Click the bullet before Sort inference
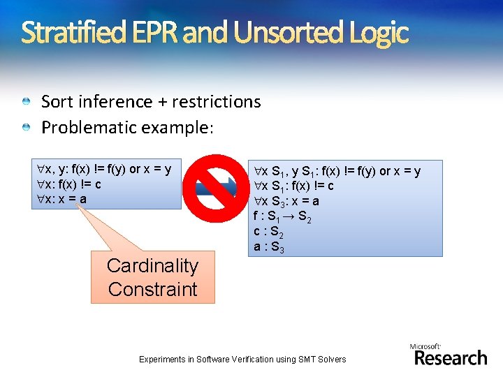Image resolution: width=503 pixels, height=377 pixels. [x=26, y=102]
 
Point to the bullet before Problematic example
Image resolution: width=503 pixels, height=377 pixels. [x=26, y=128]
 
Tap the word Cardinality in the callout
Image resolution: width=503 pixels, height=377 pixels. [x=152, y=266]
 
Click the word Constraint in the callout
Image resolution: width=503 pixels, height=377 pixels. [x=152, y=289]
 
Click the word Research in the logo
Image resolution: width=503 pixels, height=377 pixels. [x=451, y=358]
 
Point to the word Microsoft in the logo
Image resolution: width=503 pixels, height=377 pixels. [x=425, y=346]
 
